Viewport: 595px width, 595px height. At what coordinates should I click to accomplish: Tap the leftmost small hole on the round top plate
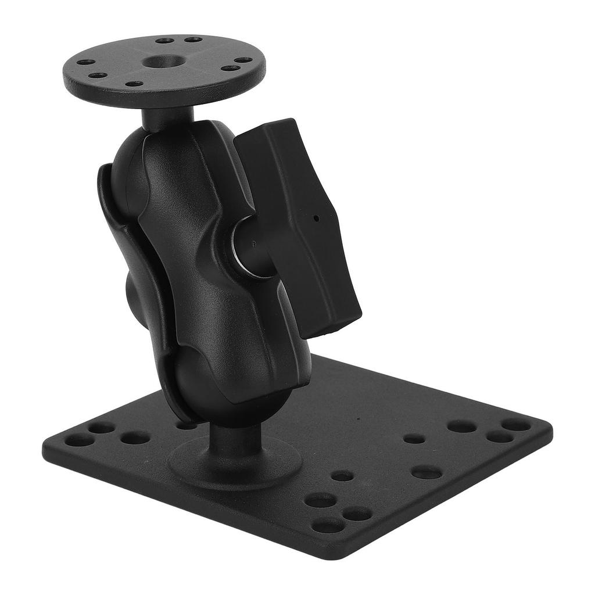coord(85,62)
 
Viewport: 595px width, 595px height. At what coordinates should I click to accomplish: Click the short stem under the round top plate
coord(166,119)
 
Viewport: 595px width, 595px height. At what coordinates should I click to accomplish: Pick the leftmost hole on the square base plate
coord(79,440)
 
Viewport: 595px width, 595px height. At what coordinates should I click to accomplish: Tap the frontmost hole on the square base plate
coord(328,526)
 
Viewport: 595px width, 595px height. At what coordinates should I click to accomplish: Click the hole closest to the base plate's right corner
coord(516,425)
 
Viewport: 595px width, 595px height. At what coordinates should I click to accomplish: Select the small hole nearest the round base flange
coord(342,476)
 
